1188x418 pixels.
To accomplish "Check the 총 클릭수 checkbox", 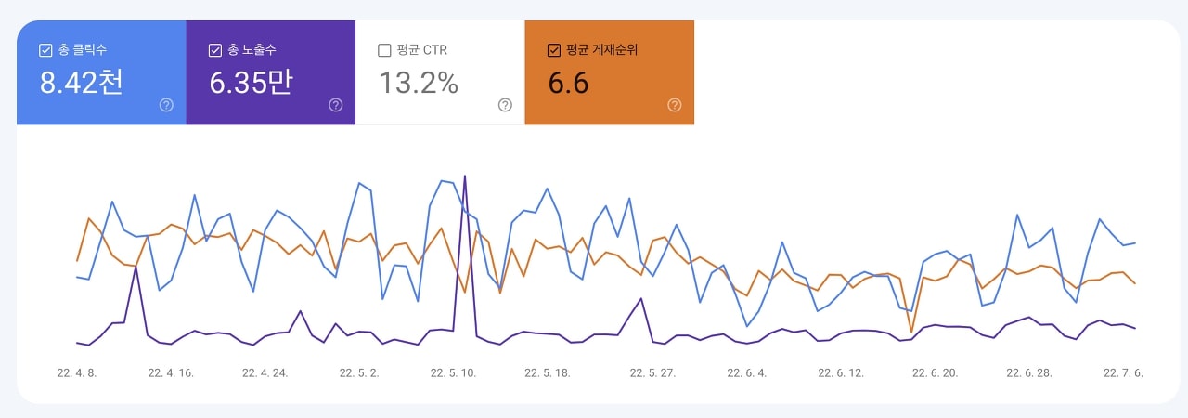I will (45, 50).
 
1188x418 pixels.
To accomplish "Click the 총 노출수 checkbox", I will (215, 50).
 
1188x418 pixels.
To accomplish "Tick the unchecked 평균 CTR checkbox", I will (384, 50).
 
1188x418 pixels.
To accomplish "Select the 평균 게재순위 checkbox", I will (554, 50).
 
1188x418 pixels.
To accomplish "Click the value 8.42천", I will (81, 84).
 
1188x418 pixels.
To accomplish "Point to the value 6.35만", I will (251, 84).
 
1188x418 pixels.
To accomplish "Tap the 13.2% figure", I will (419, 84).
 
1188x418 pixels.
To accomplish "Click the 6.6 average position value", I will (568, 84).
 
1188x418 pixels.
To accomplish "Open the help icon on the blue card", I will (166, 105).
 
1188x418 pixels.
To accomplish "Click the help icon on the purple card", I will (336, 105).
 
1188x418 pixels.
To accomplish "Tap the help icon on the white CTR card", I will (505, 105).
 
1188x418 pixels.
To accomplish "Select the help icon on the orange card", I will (675, 105).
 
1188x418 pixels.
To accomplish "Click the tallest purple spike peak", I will (464, 176).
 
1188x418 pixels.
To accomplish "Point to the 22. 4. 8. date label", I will (77, 373).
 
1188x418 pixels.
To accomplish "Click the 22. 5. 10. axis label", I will (453, 373).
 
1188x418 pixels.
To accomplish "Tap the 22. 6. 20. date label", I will (935, 373).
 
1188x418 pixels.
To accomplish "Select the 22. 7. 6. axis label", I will (1122, 373).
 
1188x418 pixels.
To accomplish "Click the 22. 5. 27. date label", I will (652, 373).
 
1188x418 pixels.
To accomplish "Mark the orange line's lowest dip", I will (911, 332).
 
